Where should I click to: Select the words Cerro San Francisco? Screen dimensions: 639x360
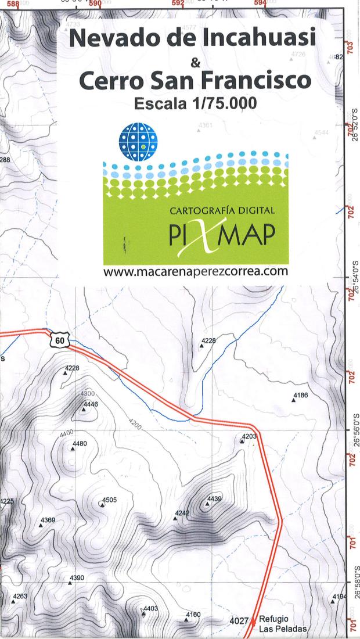pyautogui.click(x=192, y=81)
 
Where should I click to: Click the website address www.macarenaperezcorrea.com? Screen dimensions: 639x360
pyautogui.click(x=196, y=271)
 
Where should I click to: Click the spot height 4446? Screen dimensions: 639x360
pyautogui.click(x=91, y=404)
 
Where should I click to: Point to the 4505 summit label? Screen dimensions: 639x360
pyautogui.click(x=109, y=500)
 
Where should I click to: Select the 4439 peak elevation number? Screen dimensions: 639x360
pyautogui.click(x=214, y=498)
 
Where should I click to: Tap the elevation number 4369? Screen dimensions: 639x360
pyautogui.click(x=48, y=519)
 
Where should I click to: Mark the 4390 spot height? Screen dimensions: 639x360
pyautogui.click(x=77, y=577)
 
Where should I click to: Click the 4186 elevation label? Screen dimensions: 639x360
pyautogui.click(x=301, y=395)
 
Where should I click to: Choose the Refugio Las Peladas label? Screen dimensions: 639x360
pyautogui.click(x=275, y=624)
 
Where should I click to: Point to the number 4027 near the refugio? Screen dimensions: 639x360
pyautogui.click(x=239, y=621)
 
